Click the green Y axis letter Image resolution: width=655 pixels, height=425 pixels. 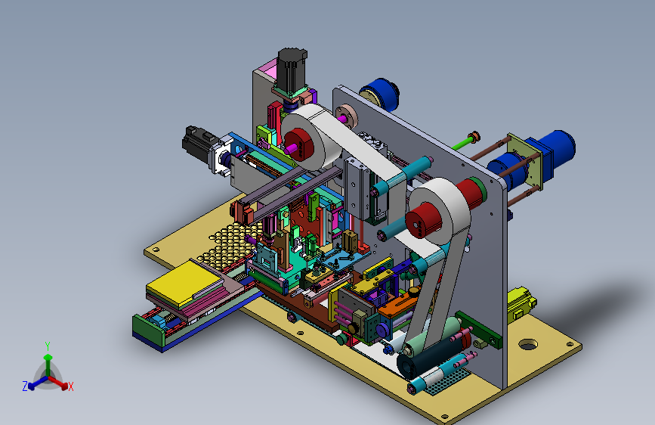coord(47,346)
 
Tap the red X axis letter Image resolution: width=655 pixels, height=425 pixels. coord(70,386)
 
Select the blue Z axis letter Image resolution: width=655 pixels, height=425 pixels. coord(25,386)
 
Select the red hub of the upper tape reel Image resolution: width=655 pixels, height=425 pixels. coord(299,144)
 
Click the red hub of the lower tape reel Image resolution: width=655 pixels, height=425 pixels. coord(423,220)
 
